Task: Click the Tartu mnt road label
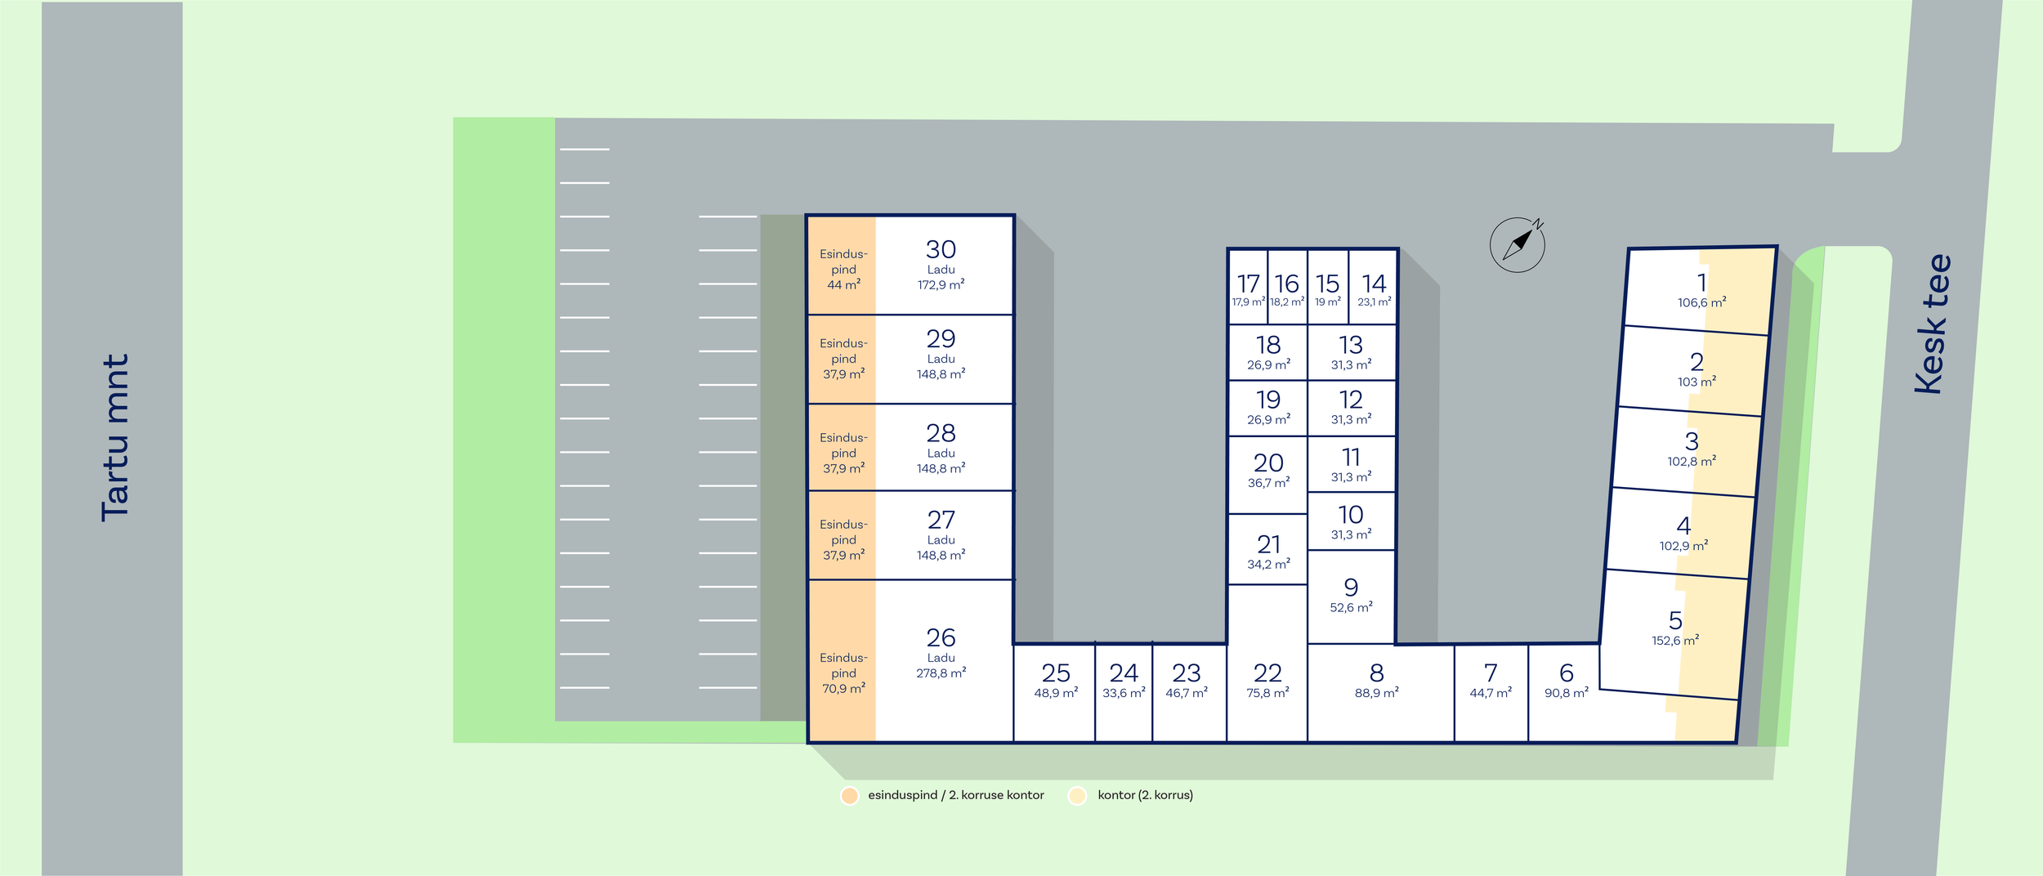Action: [x=115, y=438]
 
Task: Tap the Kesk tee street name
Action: [x=1933, y=324]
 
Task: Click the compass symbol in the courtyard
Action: [x=1517, y=244]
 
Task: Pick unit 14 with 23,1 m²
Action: [x=1374, y=288]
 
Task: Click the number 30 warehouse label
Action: [x=941, y=249]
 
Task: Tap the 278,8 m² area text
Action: [x=941, y=673]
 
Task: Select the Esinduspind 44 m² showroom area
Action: [x=843, y=269]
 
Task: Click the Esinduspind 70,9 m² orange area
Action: [x=843, y=673]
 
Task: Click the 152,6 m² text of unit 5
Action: [x=1675, y=641]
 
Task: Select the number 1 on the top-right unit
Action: [x=1701, y=283]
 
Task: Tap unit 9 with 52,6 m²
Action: [x=1351, y=595]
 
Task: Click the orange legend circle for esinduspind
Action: [x=850, y=796]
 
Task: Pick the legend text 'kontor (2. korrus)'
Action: [x=1145, y=795]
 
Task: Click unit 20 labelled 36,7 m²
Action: [x=1268, y=471]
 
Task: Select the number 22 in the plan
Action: [x=1267, y=673]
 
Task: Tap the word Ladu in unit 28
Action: [x=941, y=454]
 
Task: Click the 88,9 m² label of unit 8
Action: [x=1376, y=693]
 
